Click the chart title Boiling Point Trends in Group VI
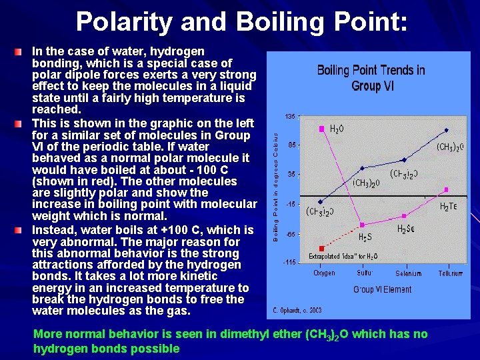[x=371, y=78]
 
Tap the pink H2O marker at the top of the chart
[x=322, y=127]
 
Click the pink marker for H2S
[x=362, y=225]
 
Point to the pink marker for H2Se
[x=404, y=216]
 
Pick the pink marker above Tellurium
[x=447, y=189]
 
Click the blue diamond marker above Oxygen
[x=321, y=201]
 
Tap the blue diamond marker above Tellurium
[x=447, y=130]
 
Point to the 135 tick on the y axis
[x=289, y=116]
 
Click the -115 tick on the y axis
[x=288, y=263]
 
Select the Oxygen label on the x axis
[x=325, y=273]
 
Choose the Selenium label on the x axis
[x=408, y=273]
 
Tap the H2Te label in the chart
[x=448, y=207]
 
